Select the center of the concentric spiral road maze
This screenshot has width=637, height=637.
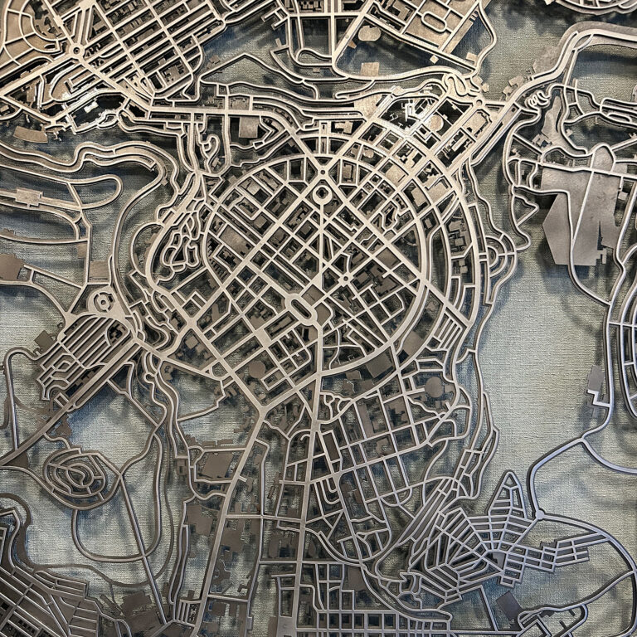(79, 475)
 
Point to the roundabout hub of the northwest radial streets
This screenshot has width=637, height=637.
(77, 50)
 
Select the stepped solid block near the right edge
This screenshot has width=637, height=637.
(596, 382)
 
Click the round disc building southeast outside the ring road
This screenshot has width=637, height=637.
(434, 387)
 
